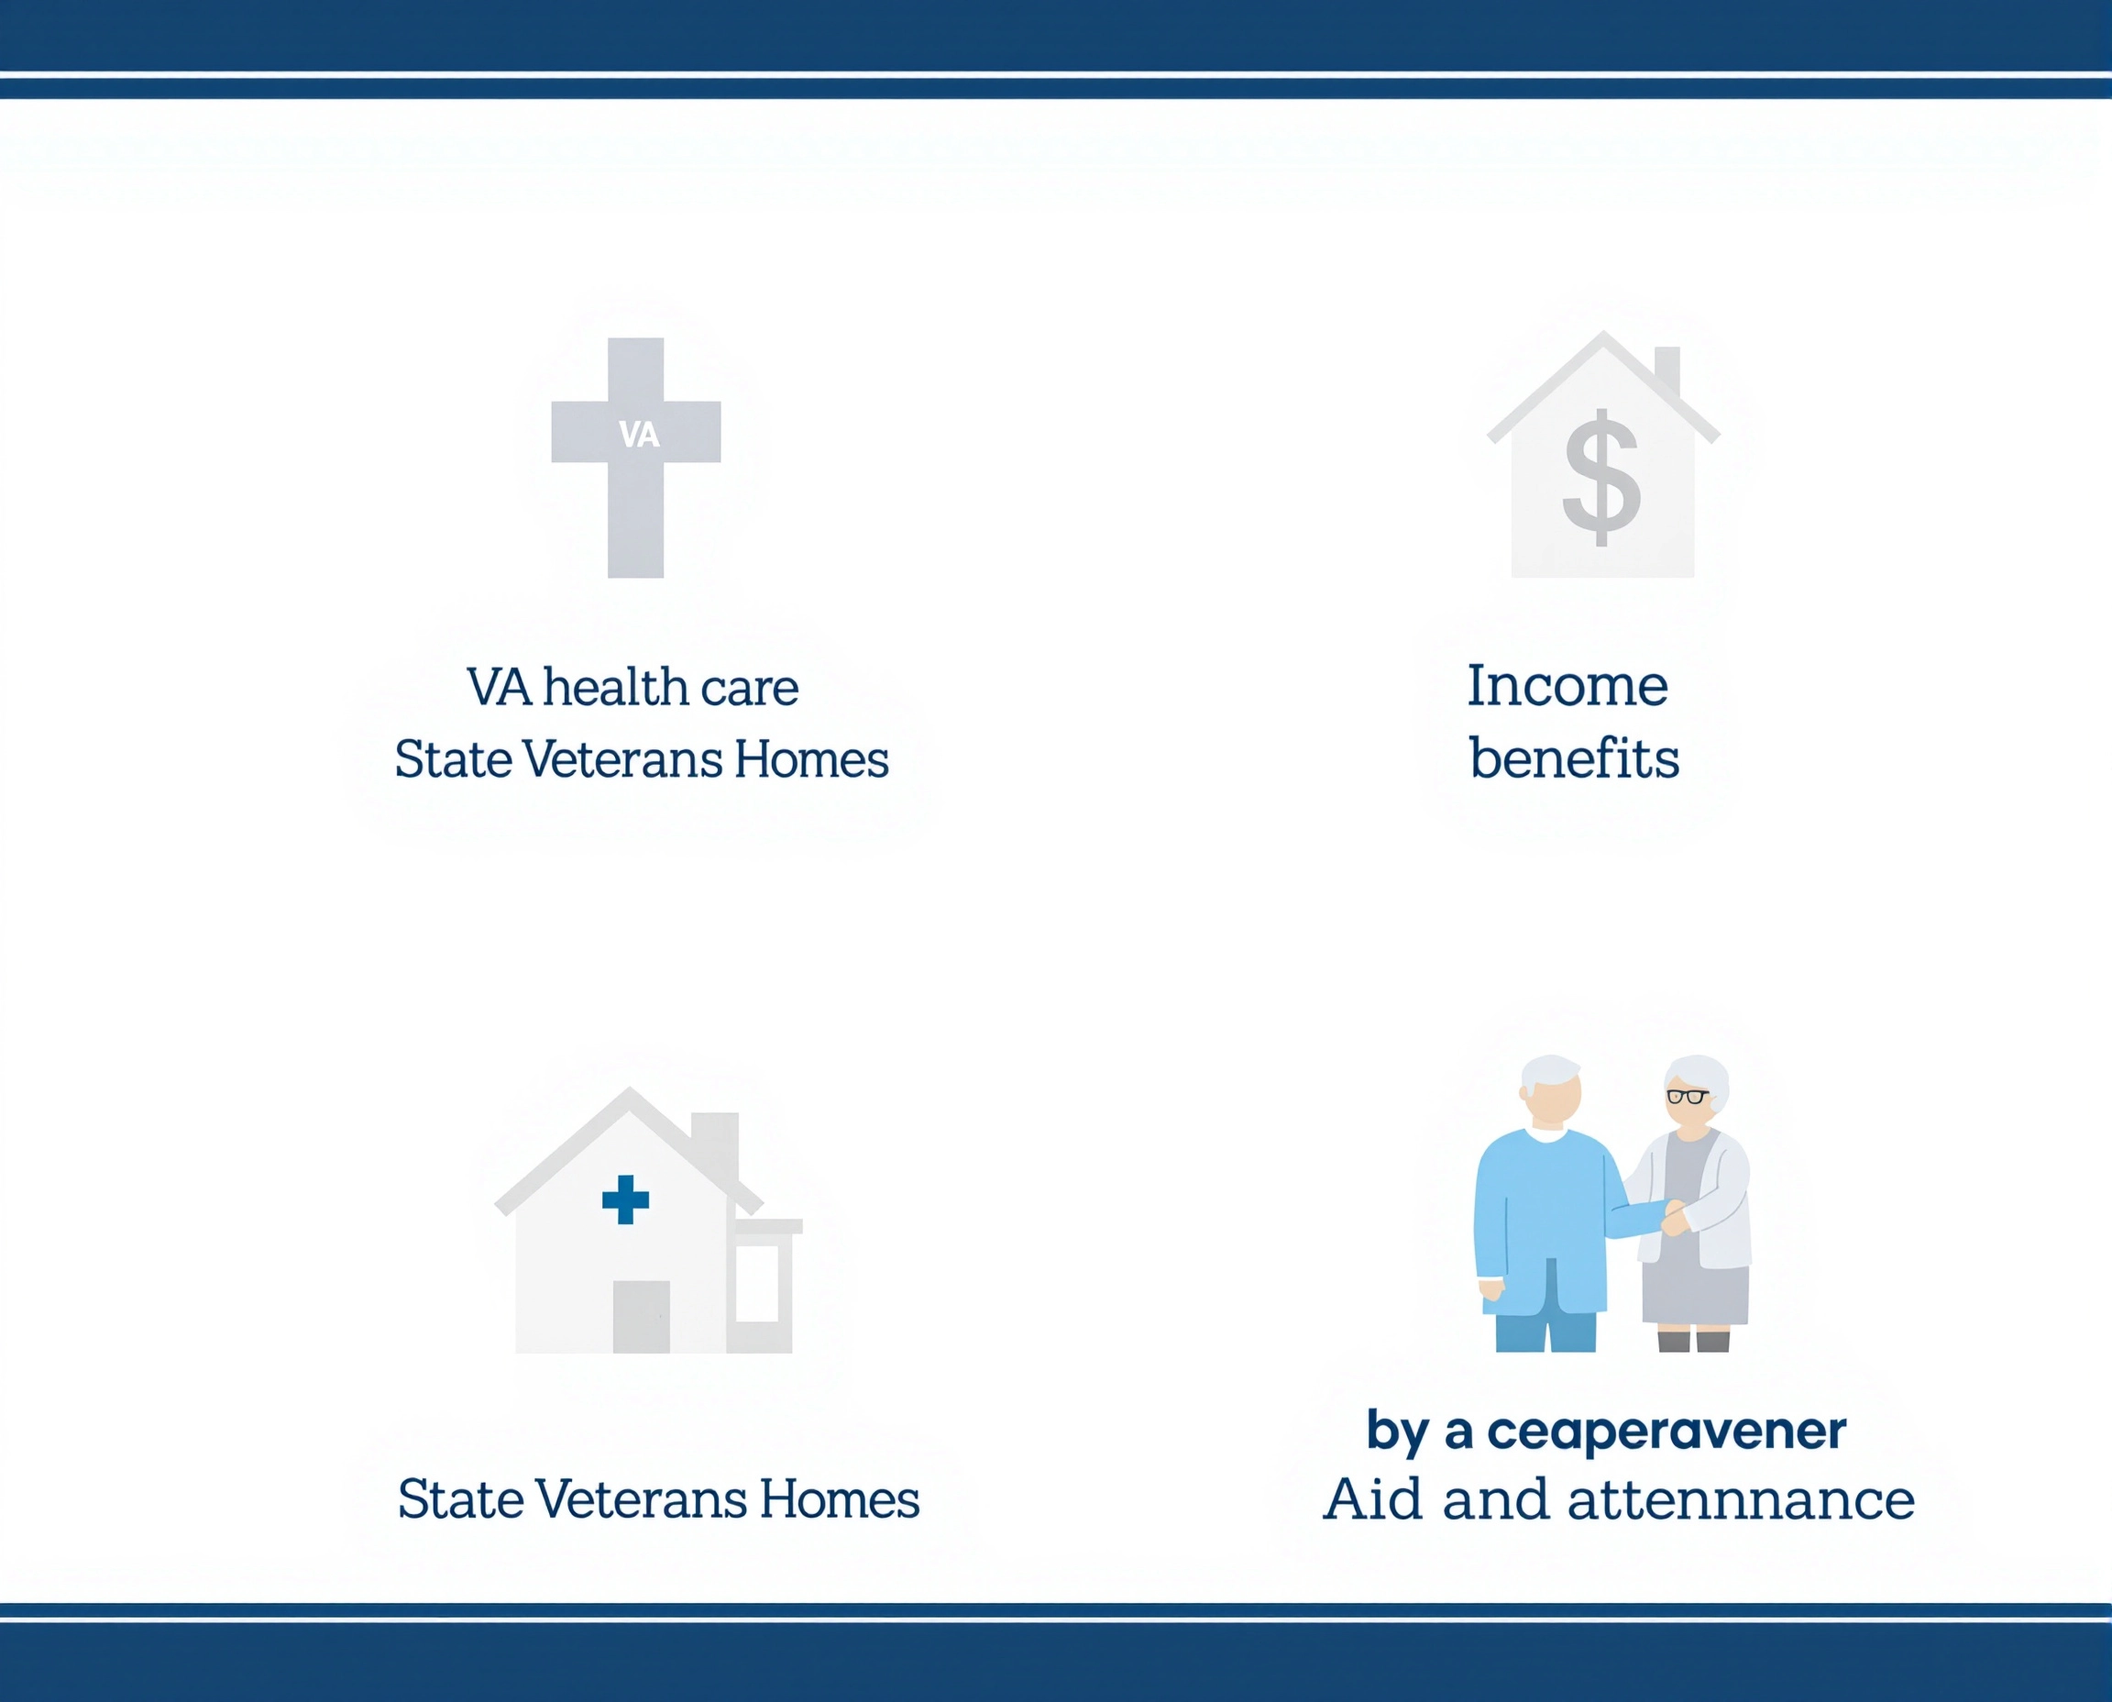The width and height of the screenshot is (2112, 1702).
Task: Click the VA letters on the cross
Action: (639, 435)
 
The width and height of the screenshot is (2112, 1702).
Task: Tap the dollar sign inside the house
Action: (1600, 478)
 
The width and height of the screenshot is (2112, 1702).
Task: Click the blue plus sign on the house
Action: (625, 1199)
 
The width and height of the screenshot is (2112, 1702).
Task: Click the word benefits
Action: (1574, 757)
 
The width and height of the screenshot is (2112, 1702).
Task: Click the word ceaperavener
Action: (1666, 1431)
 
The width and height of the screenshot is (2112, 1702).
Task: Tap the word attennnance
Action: (1741, 1500)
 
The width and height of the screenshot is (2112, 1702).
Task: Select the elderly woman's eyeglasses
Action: (1687, 1096)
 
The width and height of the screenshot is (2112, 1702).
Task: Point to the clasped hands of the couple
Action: (1674, 1218)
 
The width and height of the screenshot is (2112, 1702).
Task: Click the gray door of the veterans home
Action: (641, 1317)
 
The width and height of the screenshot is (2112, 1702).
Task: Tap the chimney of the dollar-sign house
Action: (1667, 370)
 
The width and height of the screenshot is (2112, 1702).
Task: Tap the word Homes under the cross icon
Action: (810, 760)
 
